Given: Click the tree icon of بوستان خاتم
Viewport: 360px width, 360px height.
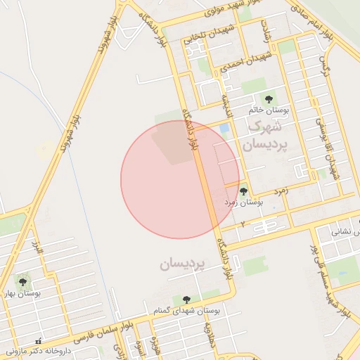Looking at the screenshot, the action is [x=268, y=99].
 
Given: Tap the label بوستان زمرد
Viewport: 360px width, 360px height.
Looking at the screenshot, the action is [x=243, y=201].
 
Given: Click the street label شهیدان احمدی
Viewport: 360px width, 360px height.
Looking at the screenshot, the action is [x=238, y=62].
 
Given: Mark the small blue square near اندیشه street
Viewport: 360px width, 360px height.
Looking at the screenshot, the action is [x=224, y=129].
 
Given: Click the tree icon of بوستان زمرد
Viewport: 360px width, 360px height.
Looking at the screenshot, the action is [x=243, y=191].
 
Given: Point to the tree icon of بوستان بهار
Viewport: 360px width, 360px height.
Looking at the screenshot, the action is [x=22, y=281].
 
